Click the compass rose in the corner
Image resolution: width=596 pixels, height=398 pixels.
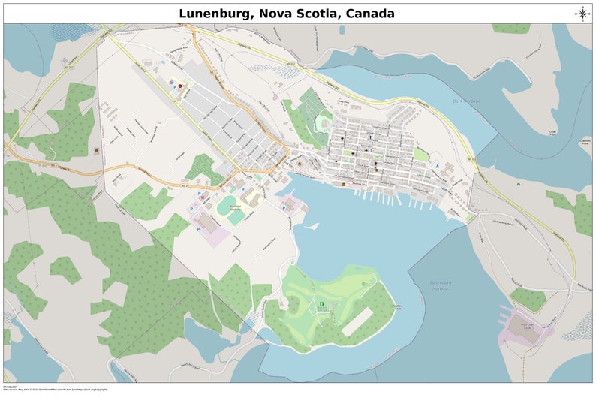click(582, 12)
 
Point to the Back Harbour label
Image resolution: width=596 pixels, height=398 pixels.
click(465, 101)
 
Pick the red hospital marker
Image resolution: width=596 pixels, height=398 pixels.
click(180, 87)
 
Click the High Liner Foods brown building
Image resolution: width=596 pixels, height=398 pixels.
click(531, 336)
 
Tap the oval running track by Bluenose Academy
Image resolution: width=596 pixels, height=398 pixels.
click(236, 216)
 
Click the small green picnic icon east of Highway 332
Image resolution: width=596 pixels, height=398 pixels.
click(518, 182)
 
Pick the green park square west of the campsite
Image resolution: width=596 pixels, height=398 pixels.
click(421, 155)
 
